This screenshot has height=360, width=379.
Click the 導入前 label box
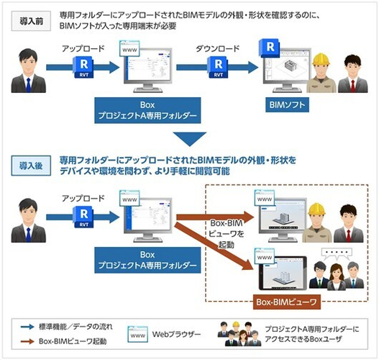(31, 21)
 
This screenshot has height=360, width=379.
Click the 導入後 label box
(31, 166)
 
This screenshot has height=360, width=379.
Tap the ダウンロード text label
(217, 49)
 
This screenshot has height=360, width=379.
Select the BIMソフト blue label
(287, 104)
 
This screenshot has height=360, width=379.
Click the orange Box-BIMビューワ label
(287, 302)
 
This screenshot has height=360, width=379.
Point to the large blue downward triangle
(190, 139)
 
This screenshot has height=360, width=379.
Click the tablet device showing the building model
(283, 273)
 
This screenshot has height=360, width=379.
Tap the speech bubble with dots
(337, 253)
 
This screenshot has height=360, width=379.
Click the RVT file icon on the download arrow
(218, 67)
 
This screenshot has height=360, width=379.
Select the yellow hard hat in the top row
(321, 60)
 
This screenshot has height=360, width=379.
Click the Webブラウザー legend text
(176, 334)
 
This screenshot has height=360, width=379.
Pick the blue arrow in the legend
(27, 327)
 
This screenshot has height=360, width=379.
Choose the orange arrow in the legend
(27, 341)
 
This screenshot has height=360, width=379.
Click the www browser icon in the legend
(138, 335)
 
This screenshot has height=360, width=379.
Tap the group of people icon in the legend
(239, 334)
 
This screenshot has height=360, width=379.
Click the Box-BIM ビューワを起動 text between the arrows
(227, 234)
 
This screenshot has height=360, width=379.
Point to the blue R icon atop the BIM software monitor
(269, 48)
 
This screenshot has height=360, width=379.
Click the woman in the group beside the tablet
(337, 277)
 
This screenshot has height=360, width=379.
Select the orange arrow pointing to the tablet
(214, 246)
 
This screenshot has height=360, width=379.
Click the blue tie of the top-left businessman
(29, 85)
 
